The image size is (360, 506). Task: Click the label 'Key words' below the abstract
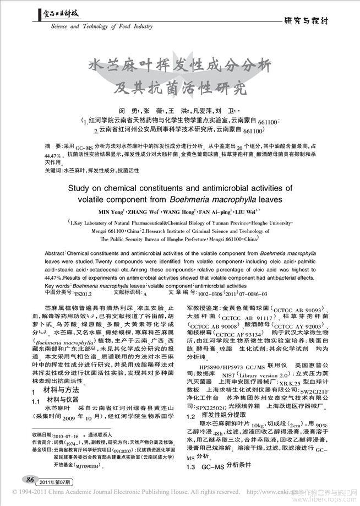(x=55, y=286)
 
